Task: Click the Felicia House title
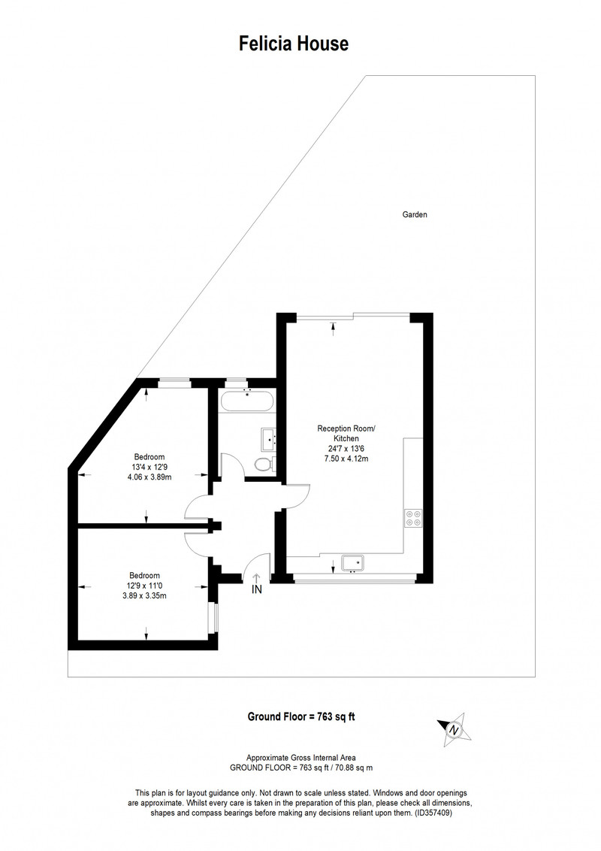tap(294, 44)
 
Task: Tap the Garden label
tap(415, 214)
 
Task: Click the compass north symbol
tap(454, 729)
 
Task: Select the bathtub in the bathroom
tap(247, 401)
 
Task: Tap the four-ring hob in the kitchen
tap(412, 518)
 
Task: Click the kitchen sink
tap(352, 563)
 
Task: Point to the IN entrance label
tap(257, 589)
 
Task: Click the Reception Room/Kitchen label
tap(346, 433)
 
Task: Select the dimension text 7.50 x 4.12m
tap(346, 459)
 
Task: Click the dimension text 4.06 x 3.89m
tap(149, 477)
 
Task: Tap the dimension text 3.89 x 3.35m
tap(144, 595)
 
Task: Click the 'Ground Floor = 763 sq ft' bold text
tap(301, 716)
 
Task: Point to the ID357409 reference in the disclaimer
tap(433, 813)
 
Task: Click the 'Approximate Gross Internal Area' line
tap(301, 758)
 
